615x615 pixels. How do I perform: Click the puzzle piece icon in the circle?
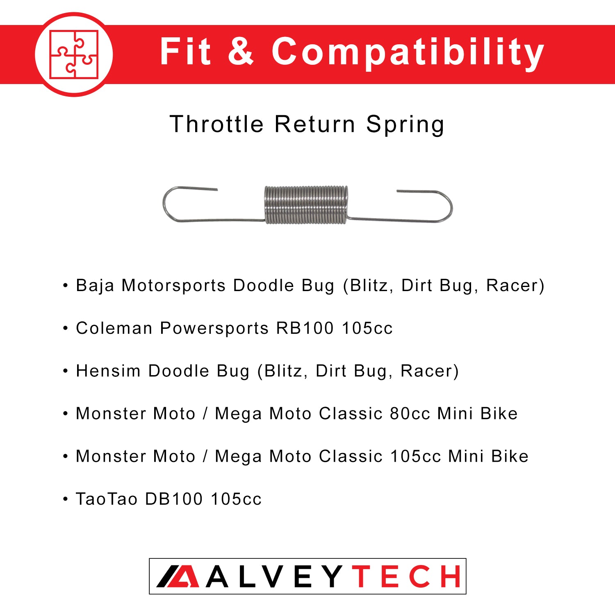pos(74,55)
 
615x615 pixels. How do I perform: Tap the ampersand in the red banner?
pos(241,51)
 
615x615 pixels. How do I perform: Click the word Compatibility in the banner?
pos(408,52)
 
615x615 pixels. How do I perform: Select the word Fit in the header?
pos(185,51)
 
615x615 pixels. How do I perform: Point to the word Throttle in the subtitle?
pos(216,124)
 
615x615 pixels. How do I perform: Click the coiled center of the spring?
pos(306,205)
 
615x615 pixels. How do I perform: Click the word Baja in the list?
pos(95,286)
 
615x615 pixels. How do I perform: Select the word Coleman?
pos(114,328)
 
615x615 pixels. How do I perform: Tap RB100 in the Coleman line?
pos(305,328)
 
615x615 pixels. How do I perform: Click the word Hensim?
pos(108,371)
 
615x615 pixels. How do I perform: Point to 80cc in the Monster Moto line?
pos(410,414)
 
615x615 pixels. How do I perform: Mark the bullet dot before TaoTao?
pos(65,499)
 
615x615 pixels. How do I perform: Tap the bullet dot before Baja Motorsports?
pos(65,286)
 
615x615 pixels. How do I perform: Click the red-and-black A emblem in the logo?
pos(178,576)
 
